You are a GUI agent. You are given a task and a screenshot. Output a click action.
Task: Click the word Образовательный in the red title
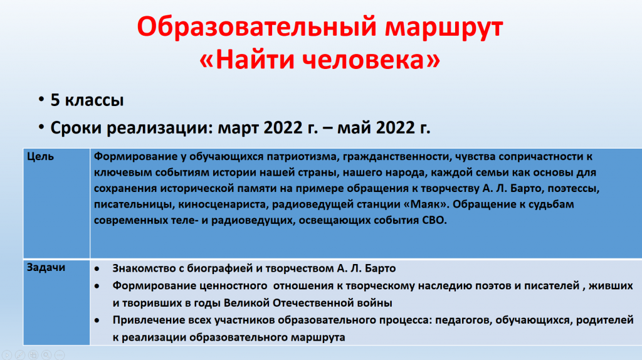(256, 28)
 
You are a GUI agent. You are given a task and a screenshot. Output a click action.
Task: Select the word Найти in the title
(253, 58)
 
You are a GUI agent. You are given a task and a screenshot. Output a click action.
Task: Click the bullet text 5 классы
(87, 100)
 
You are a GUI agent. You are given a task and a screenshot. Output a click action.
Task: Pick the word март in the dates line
(238, 128)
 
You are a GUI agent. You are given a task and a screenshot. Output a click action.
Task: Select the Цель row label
(40, 157)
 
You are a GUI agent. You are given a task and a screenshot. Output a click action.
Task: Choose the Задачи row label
(46, 267)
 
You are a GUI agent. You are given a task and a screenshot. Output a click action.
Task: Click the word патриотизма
(303, 156)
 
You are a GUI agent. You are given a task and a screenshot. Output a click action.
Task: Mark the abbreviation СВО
(434, 220)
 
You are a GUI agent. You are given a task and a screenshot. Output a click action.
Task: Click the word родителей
(605, 320)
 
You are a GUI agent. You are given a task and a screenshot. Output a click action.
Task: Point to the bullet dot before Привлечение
(97, 320)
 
